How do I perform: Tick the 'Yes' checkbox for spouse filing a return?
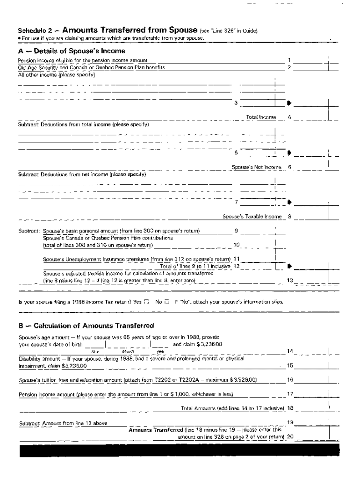(x=147, y=302)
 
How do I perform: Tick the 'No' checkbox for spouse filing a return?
(x=167, y=302)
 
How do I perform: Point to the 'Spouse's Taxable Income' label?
(x=252, y=217)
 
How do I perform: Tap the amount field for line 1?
(x=311, y=60)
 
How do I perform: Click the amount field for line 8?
(x=311, y=216)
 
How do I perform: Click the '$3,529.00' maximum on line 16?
(x=243, y=380)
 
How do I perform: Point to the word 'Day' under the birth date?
(x=95, y=351)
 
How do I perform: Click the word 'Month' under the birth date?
(x=128, y=351)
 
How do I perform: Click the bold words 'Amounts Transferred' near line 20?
(x=155, y=429)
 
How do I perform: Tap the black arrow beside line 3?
(x=289, y=103)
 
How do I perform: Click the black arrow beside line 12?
(x=289, y=266)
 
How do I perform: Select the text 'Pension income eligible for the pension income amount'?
(x=83, y=60)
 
